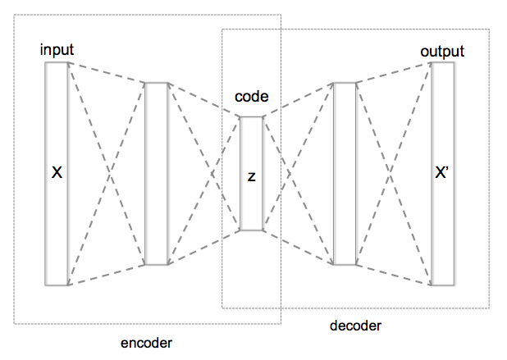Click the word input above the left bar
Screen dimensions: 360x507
tap(57, 50)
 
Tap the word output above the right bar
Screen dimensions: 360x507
tap(442, 52)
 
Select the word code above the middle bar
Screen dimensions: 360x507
tap(251, 98)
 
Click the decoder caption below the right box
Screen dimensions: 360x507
tap(355, 326)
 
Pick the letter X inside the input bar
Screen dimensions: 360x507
tap(57, 173)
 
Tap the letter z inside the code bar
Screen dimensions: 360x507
tap(251, 175)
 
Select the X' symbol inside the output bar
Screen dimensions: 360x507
tap(442, 173)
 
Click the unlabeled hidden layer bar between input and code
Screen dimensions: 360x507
tap(156, 174)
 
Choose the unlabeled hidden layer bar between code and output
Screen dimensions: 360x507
tap(345, 174)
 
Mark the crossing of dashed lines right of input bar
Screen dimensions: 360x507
tap(107, 174)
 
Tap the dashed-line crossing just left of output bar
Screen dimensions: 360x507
tap(394, 174)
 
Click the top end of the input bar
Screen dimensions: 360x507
tap(57, 62)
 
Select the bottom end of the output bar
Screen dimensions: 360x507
tap(442, 284)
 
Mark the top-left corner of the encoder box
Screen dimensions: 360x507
tap(14, 14)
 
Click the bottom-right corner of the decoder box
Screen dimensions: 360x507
tap(490, 308)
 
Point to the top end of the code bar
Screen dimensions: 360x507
tap(251, 117)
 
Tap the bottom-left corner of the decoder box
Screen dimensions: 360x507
tap(222, 308)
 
